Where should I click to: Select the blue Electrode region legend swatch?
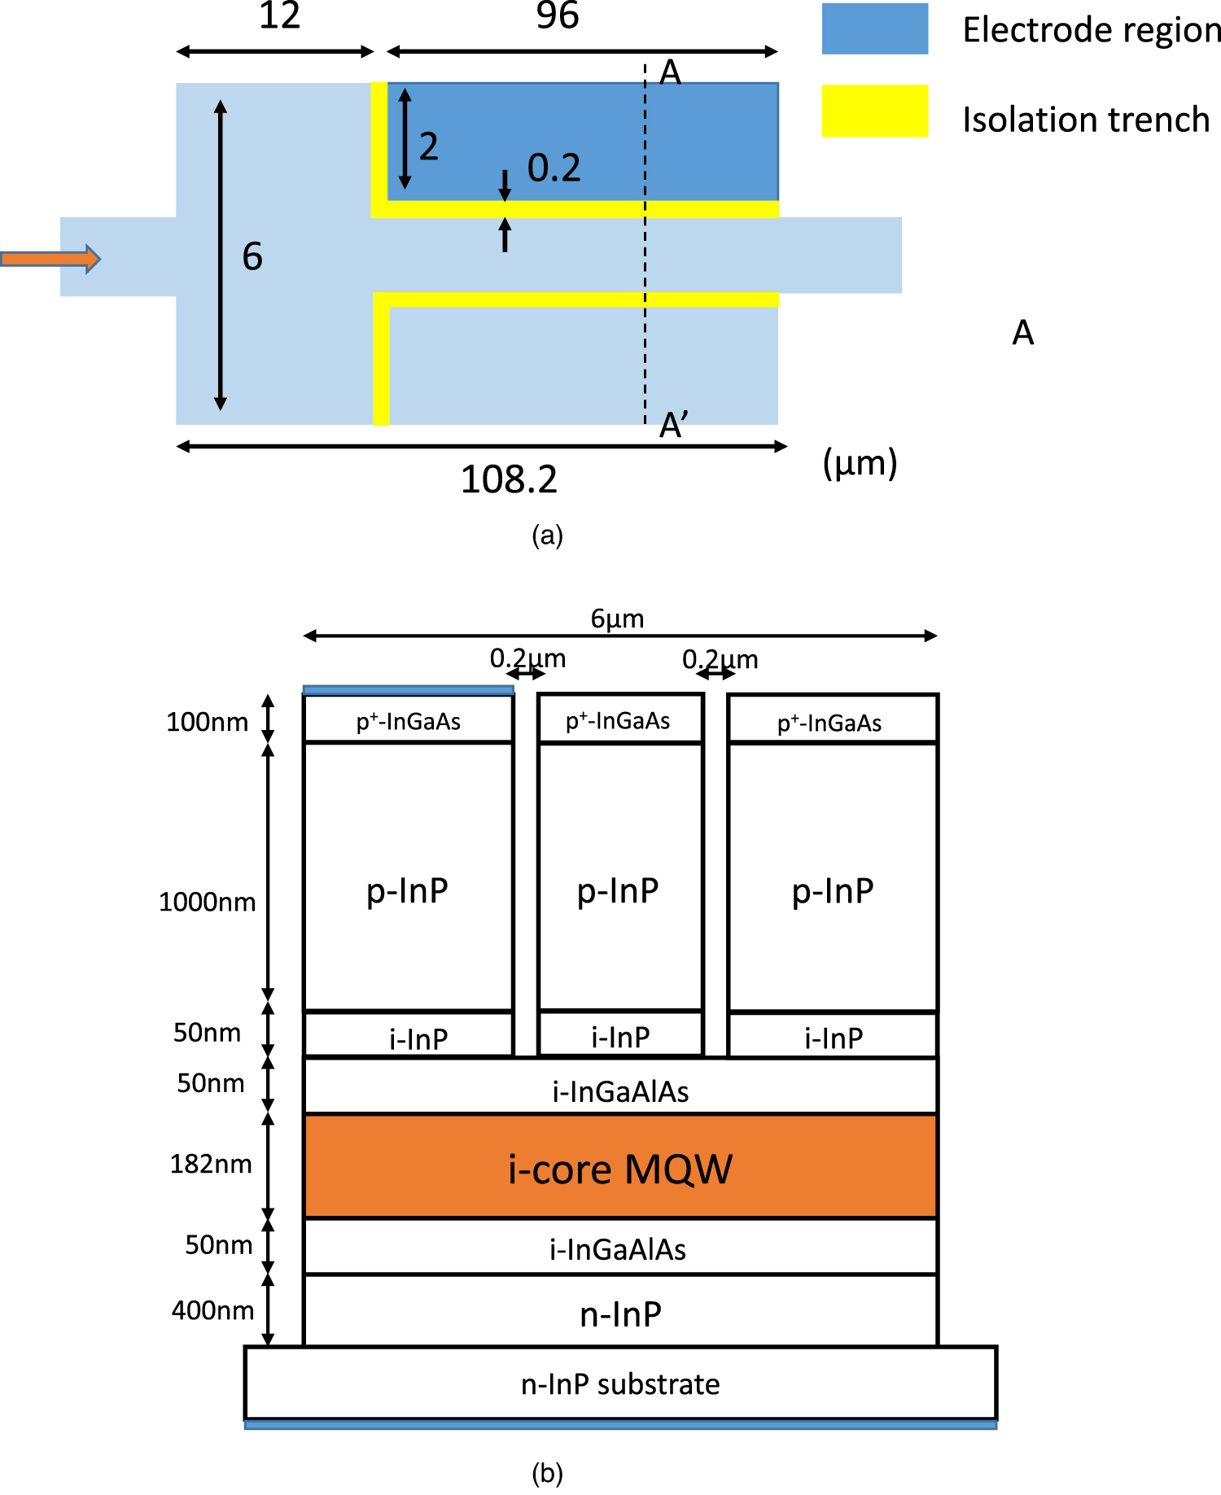tap(874, 29)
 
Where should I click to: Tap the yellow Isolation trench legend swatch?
tap(874, 110)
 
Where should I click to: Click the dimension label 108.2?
tap(509, 479)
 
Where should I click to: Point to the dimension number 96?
tap(558, 15)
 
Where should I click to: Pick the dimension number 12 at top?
tap(279, 15)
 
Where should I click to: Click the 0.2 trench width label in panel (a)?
tap(554, 168)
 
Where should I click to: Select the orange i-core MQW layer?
tap(620, 1167)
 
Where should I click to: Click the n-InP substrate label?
tap(620, 1384)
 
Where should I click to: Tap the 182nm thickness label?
tap(211, 1164)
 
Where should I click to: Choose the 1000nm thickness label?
tap(207, 902)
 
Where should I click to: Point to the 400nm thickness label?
tap(212, 1310)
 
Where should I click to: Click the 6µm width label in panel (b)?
tap(617, 619)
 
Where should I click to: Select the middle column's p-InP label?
tap(618, 891)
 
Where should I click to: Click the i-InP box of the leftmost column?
tap(409, 1035)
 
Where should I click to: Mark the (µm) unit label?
tap(860, 464)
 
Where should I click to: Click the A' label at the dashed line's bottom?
tap(673, 425)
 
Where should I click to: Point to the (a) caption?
tap(547, 535)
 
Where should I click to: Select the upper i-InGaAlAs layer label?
tap(620, 1091)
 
